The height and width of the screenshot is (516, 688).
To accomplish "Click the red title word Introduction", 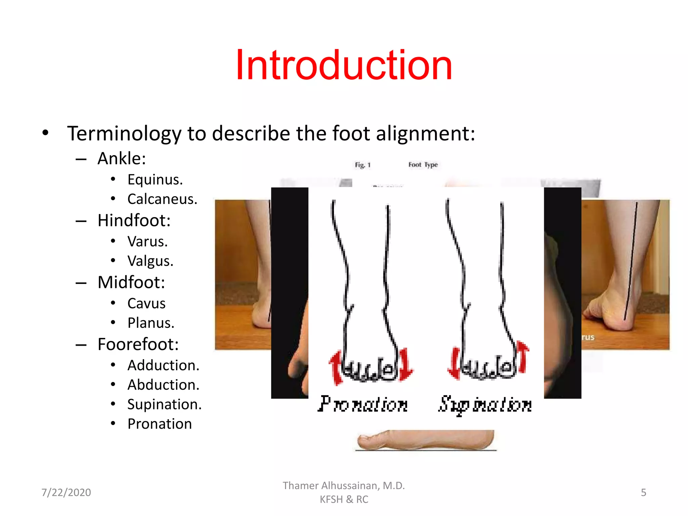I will [x=344, y=65].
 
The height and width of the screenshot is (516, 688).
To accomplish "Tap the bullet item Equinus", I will [x=155, y=180].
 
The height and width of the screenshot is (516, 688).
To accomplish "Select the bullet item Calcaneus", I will [x=162, y=199].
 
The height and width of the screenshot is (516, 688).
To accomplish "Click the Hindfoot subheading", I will [x=134, y=221].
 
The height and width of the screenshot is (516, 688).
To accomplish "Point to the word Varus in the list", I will [x=147, y=242].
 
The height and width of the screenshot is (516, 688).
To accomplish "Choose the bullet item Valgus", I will [x=150, y=261].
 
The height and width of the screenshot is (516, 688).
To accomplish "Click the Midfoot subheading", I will [x=131, y=283].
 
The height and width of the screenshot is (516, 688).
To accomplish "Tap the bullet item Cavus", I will [x=146, y=303].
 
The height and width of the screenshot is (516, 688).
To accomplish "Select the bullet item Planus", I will [x=151, y=323].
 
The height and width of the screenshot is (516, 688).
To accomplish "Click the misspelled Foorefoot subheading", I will [x=138, y=344].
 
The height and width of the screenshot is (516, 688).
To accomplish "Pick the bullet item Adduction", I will [x=163, y=365].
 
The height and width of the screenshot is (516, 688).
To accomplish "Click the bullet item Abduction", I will [x=163, y=385].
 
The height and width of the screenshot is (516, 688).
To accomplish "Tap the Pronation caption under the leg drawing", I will [x=363, y=404].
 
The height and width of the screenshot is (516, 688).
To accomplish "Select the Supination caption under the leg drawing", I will [x=485, y=405].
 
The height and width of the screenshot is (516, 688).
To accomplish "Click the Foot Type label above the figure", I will [x=423, y=165].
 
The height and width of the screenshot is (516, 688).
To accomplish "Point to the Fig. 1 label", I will [x=362, y=165].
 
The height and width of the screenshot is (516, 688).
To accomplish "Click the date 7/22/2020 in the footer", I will [x=66, y=492].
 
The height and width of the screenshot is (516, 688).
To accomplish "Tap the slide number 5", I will [x=643, y=492].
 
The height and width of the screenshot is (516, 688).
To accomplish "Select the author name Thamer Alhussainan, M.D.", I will [x=344, y=486].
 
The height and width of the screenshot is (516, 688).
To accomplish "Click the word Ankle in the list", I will [x=122, y=159].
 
